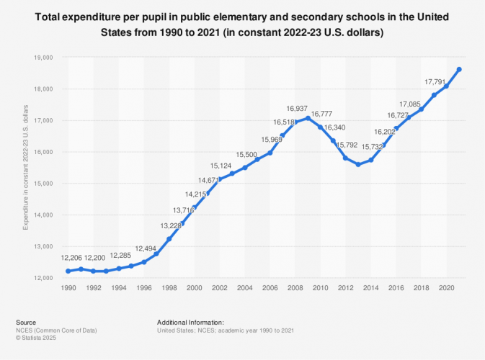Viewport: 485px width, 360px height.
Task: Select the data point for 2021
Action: (459, 69)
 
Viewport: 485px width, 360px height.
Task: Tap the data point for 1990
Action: (68, 271)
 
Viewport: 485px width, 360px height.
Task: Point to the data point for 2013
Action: (358, 164)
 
